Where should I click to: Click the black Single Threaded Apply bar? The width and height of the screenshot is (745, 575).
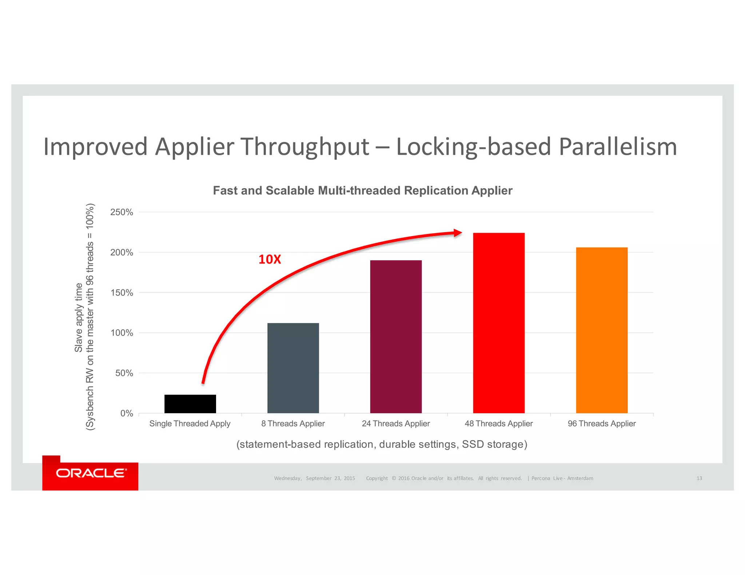(x=190, y=404)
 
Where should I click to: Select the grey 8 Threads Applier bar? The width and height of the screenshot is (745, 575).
(x=293, y=368)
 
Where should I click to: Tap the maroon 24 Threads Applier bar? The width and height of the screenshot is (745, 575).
(x=396, y=337)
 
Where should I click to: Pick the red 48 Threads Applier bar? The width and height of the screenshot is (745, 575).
(x=499, y=323)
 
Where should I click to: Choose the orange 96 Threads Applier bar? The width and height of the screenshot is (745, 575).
(x=602, y=330)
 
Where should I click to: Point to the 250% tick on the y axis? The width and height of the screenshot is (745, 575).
(x=121, y=212)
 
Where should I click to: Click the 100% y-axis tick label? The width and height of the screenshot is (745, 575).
(x=121, y=333)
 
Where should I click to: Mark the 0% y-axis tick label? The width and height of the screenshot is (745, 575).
(x=126, y=414)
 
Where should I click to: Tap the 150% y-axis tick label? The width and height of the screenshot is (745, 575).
(x=121, y=293)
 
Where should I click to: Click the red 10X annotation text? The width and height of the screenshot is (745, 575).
(x=270, y=260)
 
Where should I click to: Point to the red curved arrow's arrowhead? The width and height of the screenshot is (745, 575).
(x=458, y=233)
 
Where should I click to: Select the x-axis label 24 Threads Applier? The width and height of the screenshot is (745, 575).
(x=396, y=424)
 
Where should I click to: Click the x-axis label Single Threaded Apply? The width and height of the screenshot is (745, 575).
(x=190, y=424)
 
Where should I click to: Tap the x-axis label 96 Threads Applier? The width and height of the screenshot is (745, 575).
(x=602, y=424)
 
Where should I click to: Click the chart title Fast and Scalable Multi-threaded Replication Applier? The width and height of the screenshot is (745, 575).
(x=362, y=190)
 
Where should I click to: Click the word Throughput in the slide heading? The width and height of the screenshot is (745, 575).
(x=305, y=147)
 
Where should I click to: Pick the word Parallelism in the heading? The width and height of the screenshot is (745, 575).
(x=618, y=146)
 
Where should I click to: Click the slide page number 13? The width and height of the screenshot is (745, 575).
(x=699, y=478)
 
